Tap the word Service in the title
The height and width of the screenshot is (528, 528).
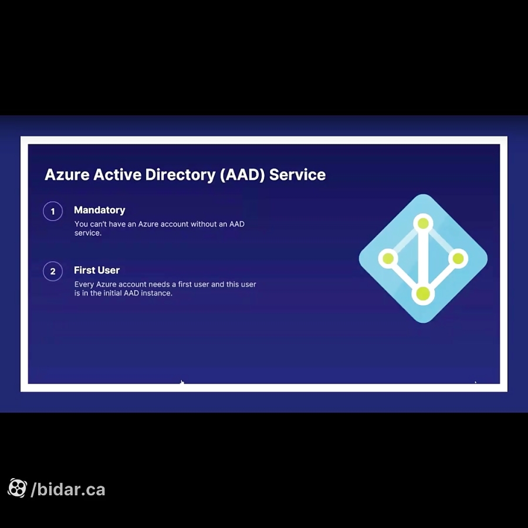click(x=297, y=175)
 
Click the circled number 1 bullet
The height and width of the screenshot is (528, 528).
click(x=53, y=211)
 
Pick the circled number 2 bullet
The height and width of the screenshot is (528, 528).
click(x=53, y=272)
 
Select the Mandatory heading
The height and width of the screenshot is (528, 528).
click(x=99, y=210)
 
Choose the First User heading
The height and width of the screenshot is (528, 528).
click(x=97, y=270)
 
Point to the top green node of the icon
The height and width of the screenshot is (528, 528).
click(x=423, y=224)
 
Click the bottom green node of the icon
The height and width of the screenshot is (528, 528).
click(x=423, y=293)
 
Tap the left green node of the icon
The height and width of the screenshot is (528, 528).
click(x=388, y=258)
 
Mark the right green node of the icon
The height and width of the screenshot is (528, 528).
click(x=458, y=258)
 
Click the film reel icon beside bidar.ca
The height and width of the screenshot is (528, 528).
click(x=17, y=488)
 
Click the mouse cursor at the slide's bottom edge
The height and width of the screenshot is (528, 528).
click(x=182, y=383)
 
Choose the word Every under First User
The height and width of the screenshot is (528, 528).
click(x=84, y=285)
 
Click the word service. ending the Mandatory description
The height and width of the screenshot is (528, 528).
click(x=88, y=233)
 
